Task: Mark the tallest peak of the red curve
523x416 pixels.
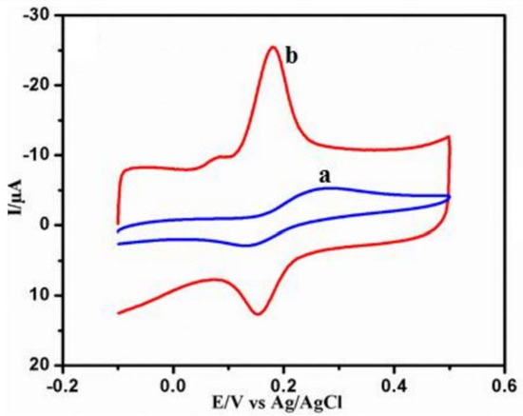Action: (273, 47)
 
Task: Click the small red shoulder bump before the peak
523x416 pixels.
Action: (223, 156)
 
